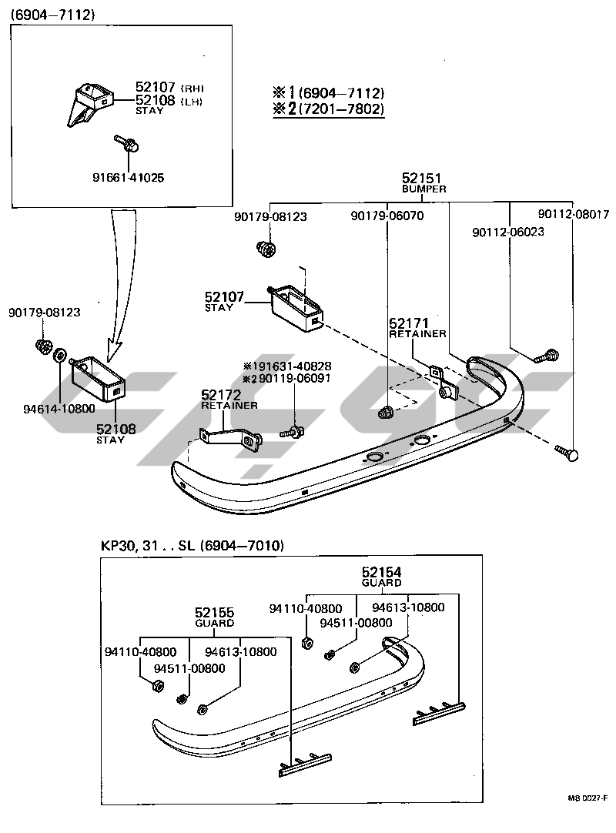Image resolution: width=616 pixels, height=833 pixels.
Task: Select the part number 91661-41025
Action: [128, 177]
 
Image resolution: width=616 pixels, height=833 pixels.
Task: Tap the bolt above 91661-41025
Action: [126, 142]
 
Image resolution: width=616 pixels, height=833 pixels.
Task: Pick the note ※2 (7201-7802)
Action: [327, 109]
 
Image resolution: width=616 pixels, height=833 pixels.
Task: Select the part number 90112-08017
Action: [573, 215]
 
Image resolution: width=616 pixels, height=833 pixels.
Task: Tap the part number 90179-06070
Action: [387, 216]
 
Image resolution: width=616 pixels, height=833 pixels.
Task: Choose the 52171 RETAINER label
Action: [417, 328]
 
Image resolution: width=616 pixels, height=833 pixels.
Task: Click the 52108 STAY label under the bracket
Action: [115, 433]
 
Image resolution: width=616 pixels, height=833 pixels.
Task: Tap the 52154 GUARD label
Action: [382, 577]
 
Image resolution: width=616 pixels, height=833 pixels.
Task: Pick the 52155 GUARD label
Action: [214, 617]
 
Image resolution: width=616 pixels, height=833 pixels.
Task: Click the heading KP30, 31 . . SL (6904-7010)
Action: [192, 546]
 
